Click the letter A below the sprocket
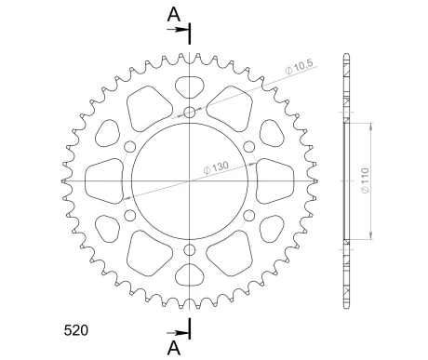pyautogui.click(x=173, y=347)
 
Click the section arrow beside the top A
pyautogui.click(x=177, y=31)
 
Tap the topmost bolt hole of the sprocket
pyautogui.click(x=190, y=113)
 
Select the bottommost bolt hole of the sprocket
pyautogui.click(x=190, y=249)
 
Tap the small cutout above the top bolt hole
pyautogui.click(x=190, y=87)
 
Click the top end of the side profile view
pyautogui.click(x=347, y=54)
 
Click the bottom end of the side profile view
pyautogui.click(x=347, y=309)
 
